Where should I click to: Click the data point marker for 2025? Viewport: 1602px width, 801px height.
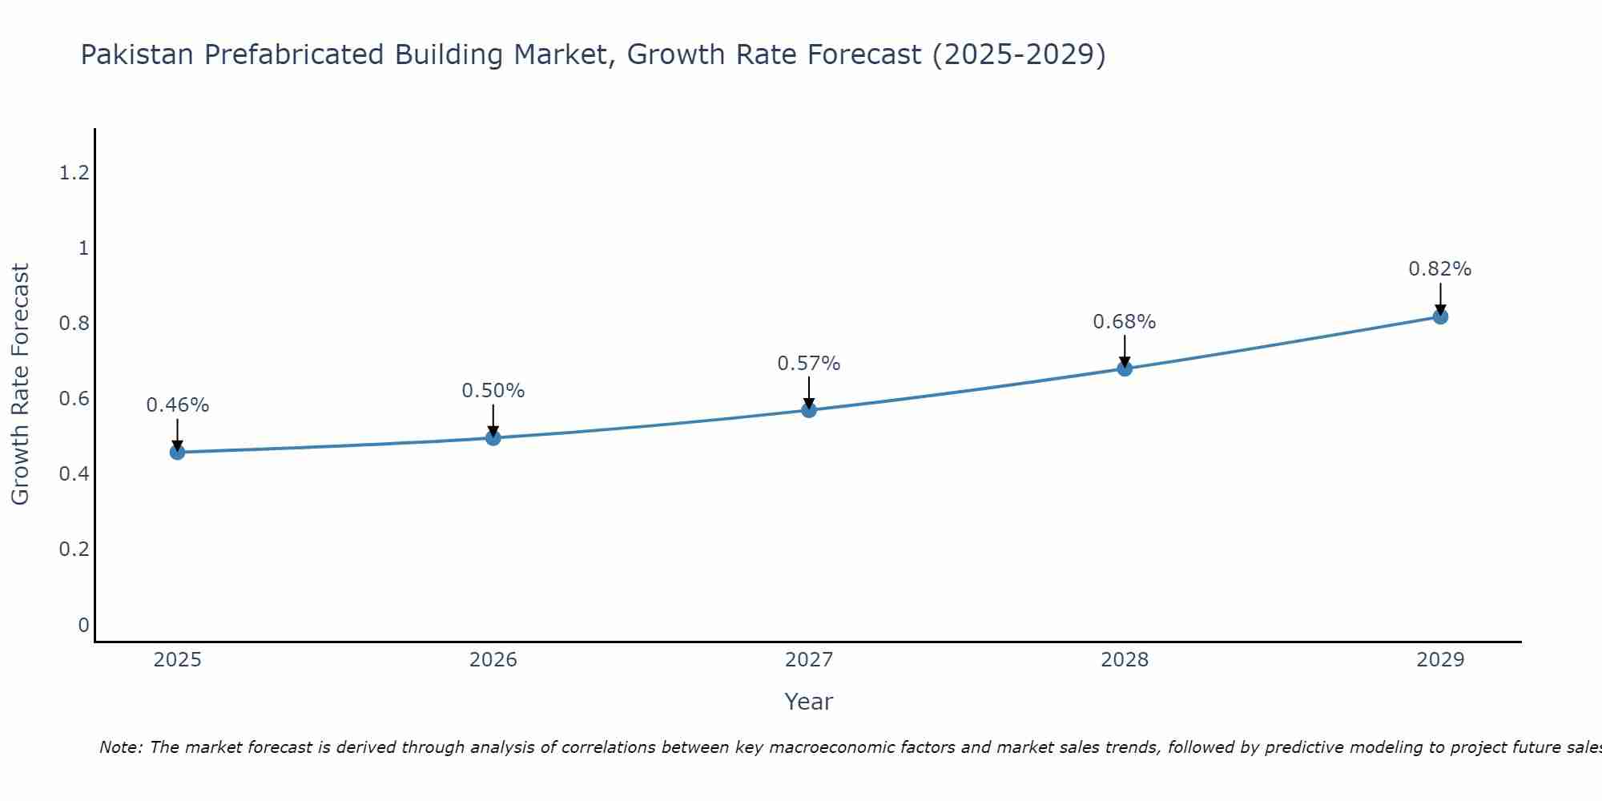[x=177, y=453]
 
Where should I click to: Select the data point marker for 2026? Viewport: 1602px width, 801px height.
[x=493, y=438]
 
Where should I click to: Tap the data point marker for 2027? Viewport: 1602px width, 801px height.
[x=809, y=410]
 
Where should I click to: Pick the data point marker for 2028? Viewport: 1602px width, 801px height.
[x=1125, y=368]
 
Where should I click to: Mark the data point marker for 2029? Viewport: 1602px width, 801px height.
[x=1440, y=316]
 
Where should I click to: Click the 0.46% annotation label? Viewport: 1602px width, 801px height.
[x=177, y=405]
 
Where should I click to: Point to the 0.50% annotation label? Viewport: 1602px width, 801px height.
[x=493, y=391]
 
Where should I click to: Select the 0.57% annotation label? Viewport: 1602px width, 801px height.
[x=809, y=364]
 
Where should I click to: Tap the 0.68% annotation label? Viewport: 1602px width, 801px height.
[x=1125, y=322]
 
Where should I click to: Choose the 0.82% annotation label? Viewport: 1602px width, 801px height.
[x=1440, y=269]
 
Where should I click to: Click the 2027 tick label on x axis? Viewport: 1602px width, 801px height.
[x=809, y=660]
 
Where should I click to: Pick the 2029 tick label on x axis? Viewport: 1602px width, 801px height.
[x=1440, y=660]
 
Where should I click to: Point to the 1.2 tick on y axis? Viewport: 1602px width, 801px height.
[x=74, y=172]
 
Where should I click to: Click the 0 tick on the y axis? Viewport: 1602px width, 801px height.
[x=83, y=625]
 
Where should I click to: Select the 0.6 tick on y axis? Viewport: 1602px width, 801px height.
[x=74, y=399]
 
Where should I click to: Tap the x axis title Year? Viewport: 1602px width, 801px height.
[x=809, y=702]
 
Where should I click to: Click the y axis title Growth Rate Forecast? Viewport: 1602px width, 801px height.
[x=20, y=384]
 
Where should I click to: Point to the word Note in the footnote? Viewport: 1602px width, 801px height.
[x=120, y=747]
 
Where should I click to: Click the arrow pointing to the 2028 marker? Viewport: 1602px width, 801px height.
[x=1125, y=351]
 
